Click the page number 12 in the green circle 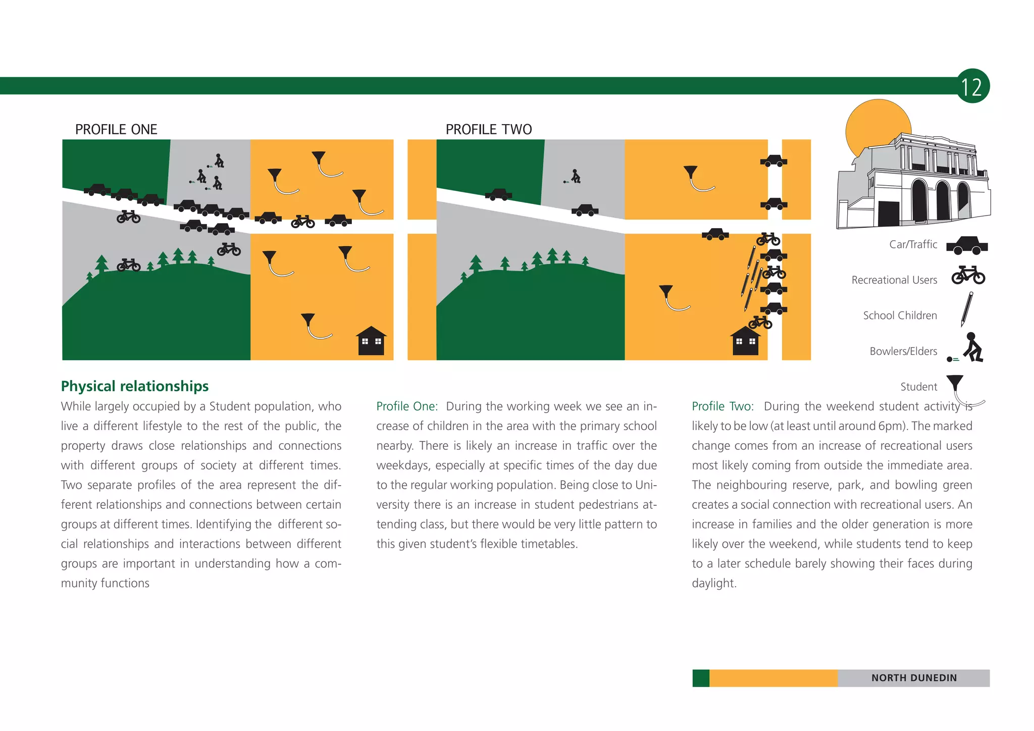(971, 87)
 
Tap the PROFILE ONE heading (116, 129)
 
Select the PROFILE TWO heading (489, 129)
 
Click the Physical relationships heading (135, 386)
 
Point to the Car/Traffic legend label (913, 244)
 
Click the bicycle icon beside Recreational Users (968, 275)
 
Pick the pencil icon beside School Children (967, 309)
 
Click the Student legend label (919, 387)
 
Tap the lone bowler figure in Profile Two (573, 176)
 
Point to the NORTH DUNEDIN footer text (914, 678)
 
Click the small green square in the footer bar (701, 678)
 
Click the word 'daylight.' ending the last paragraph (714, 584)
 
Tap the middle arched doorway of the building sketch (942, 200)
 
